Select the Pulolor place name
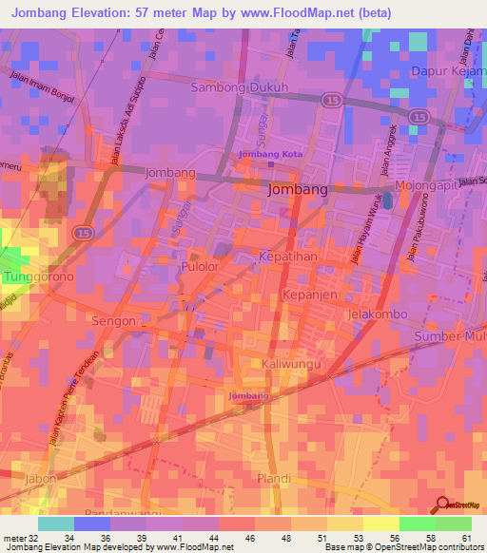201,269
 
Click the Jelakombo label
379,315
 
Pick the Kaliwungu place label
292,364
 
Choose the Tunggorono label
38,276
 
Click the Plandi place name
273,478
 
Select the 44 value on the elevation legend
215,538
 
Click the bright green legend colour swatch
417,524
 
